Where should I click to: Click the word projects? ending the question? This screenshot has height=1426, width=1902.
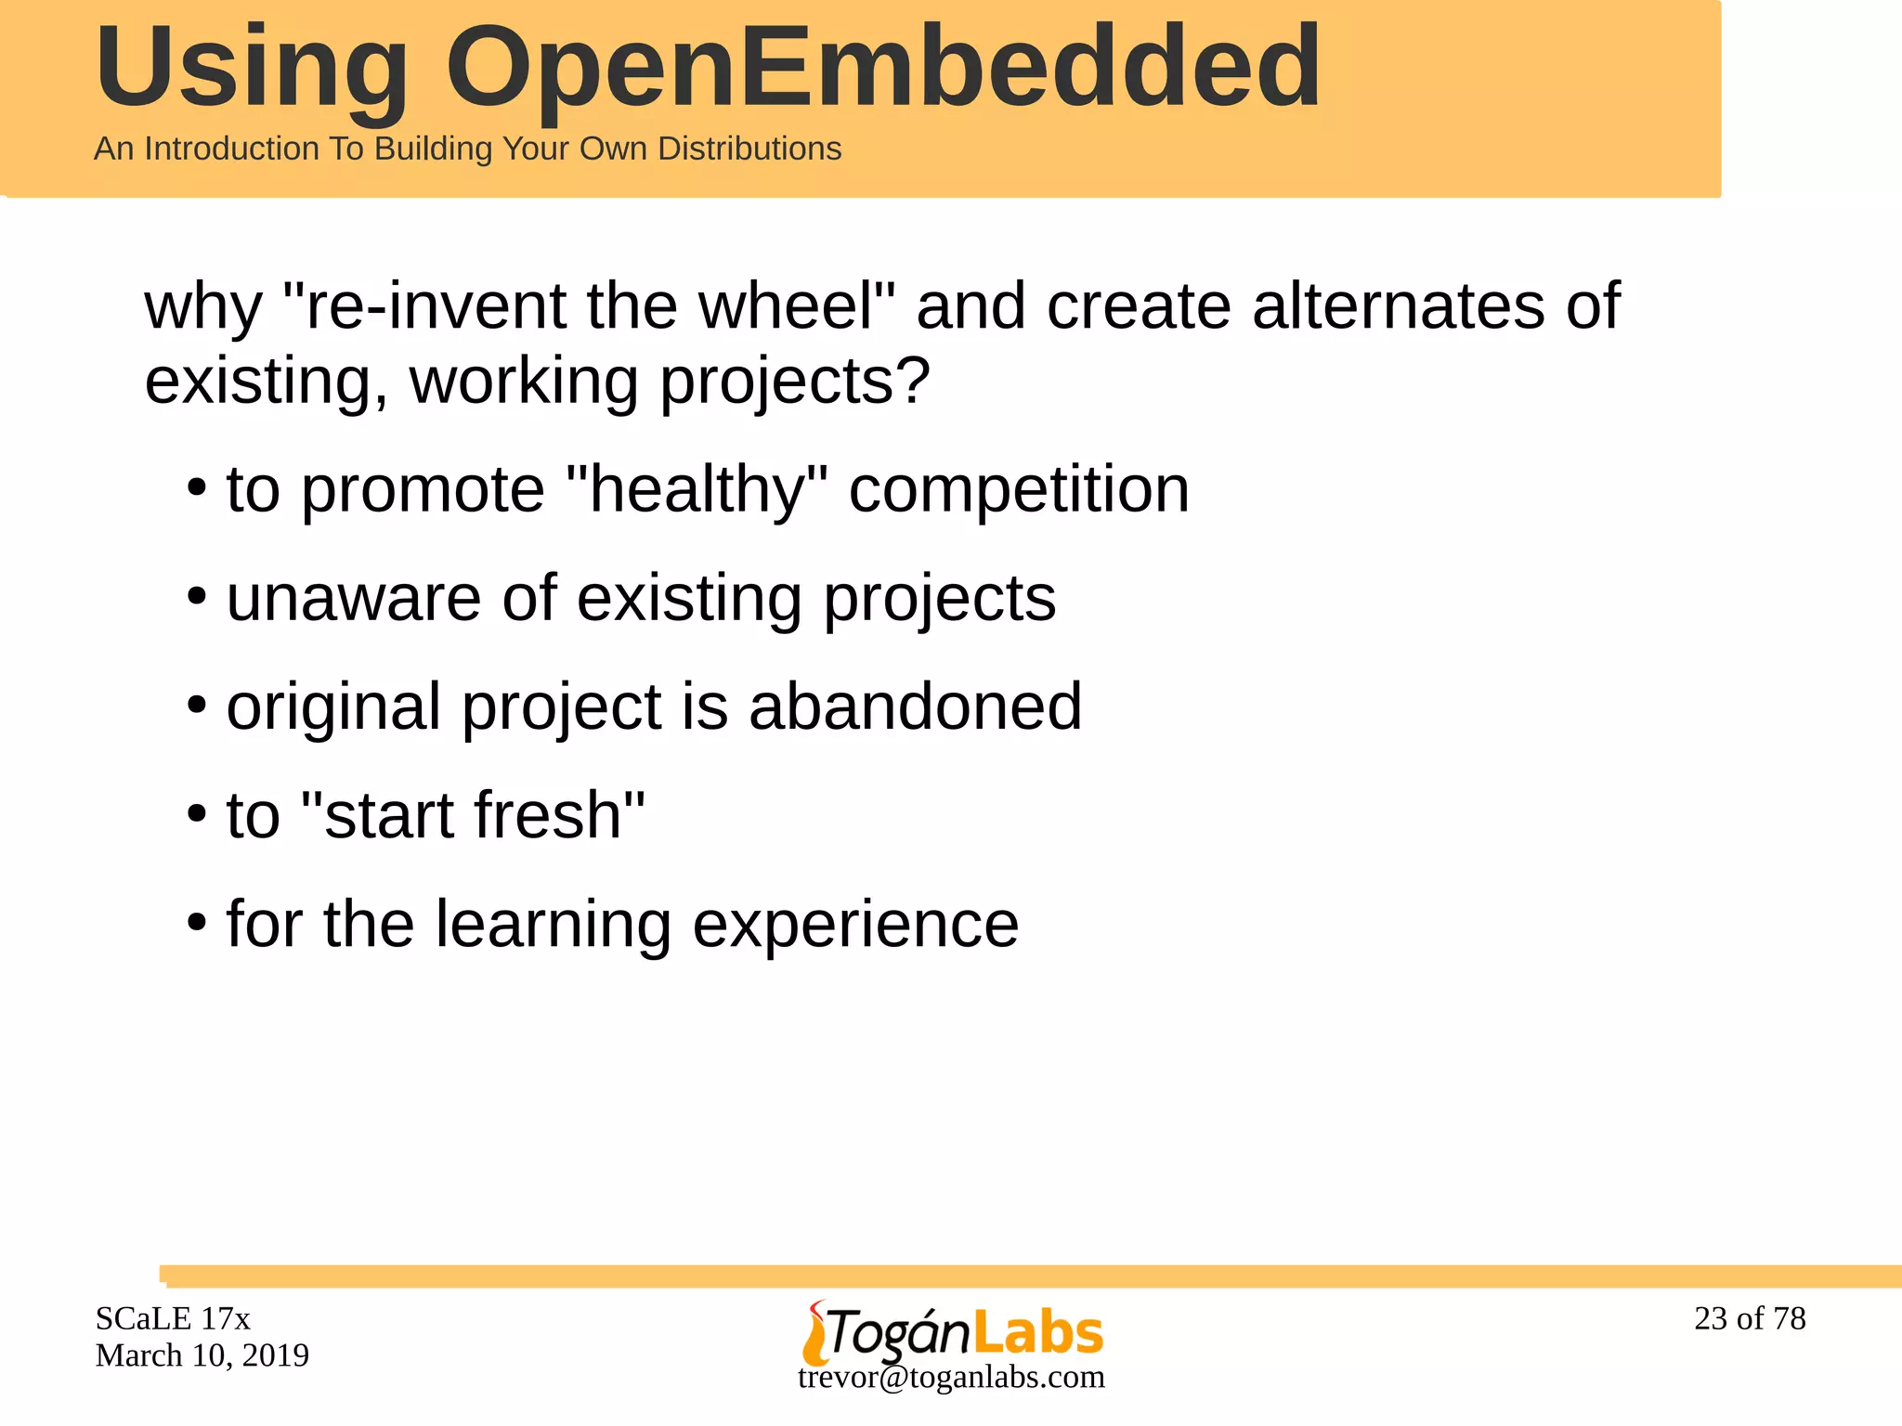(794, 382)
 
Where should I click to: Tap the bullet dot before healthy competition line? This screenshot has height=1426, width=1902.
(196, 488)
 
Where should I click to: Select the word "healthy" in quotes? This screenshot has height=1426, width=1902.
(696, 489)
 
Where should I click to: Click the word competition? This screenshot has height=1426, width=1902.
(1019, 489)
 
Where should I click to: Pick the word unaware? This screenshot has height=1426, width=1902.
(353, 598)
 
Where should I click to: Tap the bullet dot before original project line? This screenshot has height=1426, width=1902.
(196, 706)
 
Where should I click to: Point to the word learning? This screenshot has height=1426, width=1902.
(553, 925)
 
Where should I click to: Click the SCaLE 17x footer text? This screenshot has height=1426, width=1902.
(173, 1318)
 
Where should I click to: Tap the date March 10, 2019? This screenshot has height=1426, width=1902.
(202, 1355)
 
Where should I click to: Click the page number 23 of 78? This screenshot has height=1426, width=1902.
(1750, 1318)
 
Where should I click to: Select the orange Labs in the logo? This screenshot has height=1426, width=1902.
(1038, 1333)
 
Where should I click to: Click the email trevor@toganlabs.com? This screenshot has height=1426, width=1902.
(951, 1377)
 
